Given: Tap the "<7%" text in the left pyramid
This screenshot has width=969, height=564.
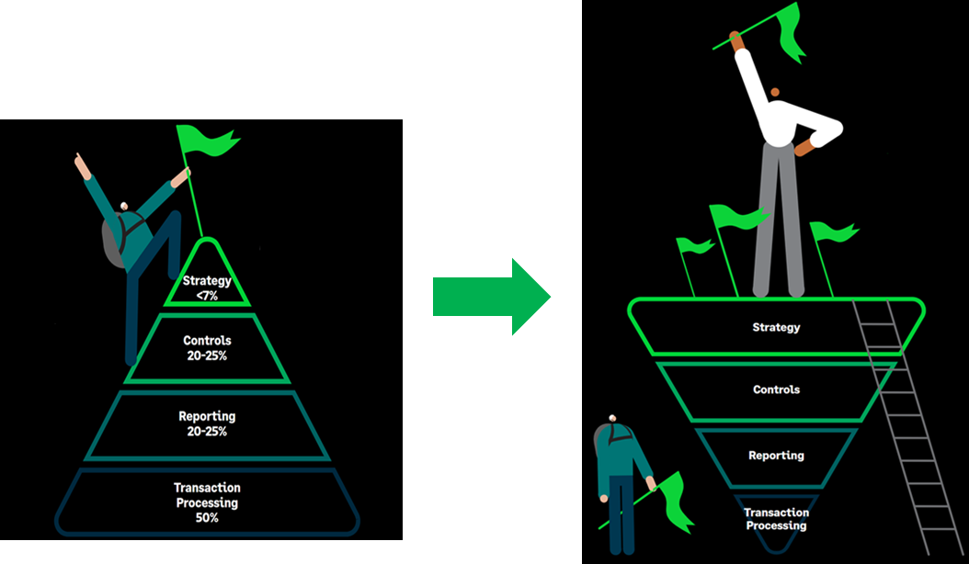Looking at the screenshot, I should [x=207, y=295].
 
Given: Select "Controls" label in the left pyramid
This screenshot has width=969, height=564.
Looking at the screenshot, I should [x=207, y=341].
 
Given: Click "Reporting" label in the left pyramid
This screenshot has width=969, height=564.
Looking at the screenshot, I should [x=207, y=417].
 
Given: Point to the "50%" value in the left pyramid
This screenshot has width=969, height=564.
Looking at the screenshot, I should [x=207, y=518].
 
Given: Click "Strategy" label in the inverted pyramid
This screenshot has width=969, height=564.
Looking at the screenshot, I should [x=776, y=327].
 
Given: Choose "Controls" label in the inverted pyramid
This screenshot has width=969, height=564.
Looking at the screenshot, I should [x=776, y=389].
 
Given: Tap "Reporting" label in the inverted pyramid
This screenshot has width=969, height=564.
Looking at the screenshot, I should [x=776, y=456].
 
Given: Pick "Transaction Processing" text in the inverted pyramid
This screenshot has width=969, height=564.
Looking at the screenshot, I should [x=776, y=519].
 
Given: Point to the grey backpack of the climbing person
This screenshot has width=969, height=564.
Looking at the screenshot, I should [x=116, y=241].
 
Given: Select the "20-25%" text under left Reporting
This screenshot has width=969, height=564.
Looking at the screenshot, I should [x=207, y=432].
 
